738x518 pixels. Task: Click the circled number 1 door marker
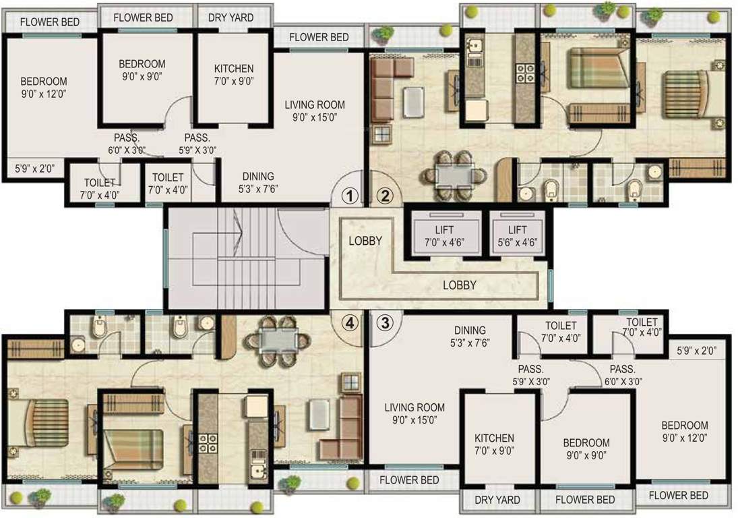[349, 196]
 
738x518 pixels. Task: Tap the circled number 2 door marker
[384, 196]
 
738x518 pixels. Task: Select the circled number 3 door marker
[384, 323]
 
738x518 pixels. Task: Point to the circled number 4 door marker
[349, 323]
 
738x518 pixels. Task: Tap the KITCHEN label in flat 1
[234, 69]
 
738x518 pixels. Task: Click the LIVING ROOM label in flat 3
[414, 407]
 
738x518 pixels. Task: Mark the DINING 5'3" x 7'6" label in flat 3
[469, 336]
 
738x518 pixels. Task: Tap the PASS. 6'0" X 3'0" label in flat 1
[126, 143]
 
